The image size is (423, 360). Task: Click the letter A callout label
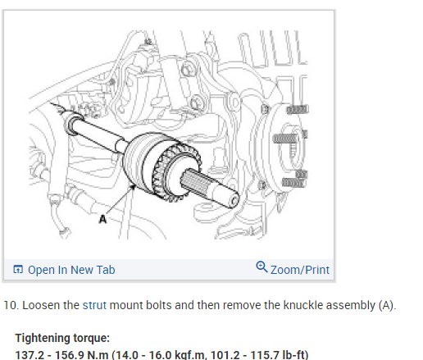click(102, 219)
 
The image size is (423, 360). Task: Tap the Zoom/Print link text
click(300, 270)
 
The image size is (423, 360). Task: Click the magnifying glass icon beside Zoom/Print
click(262, 267)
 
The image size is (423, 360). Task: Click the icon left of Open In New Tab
click(18, 269)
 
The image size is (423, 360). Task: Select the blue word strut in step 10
click(94, 305)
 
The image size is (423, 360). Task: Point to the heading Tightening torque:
click(62, 338)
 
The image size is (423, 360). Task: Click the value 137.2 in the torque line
click(30, 355)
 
